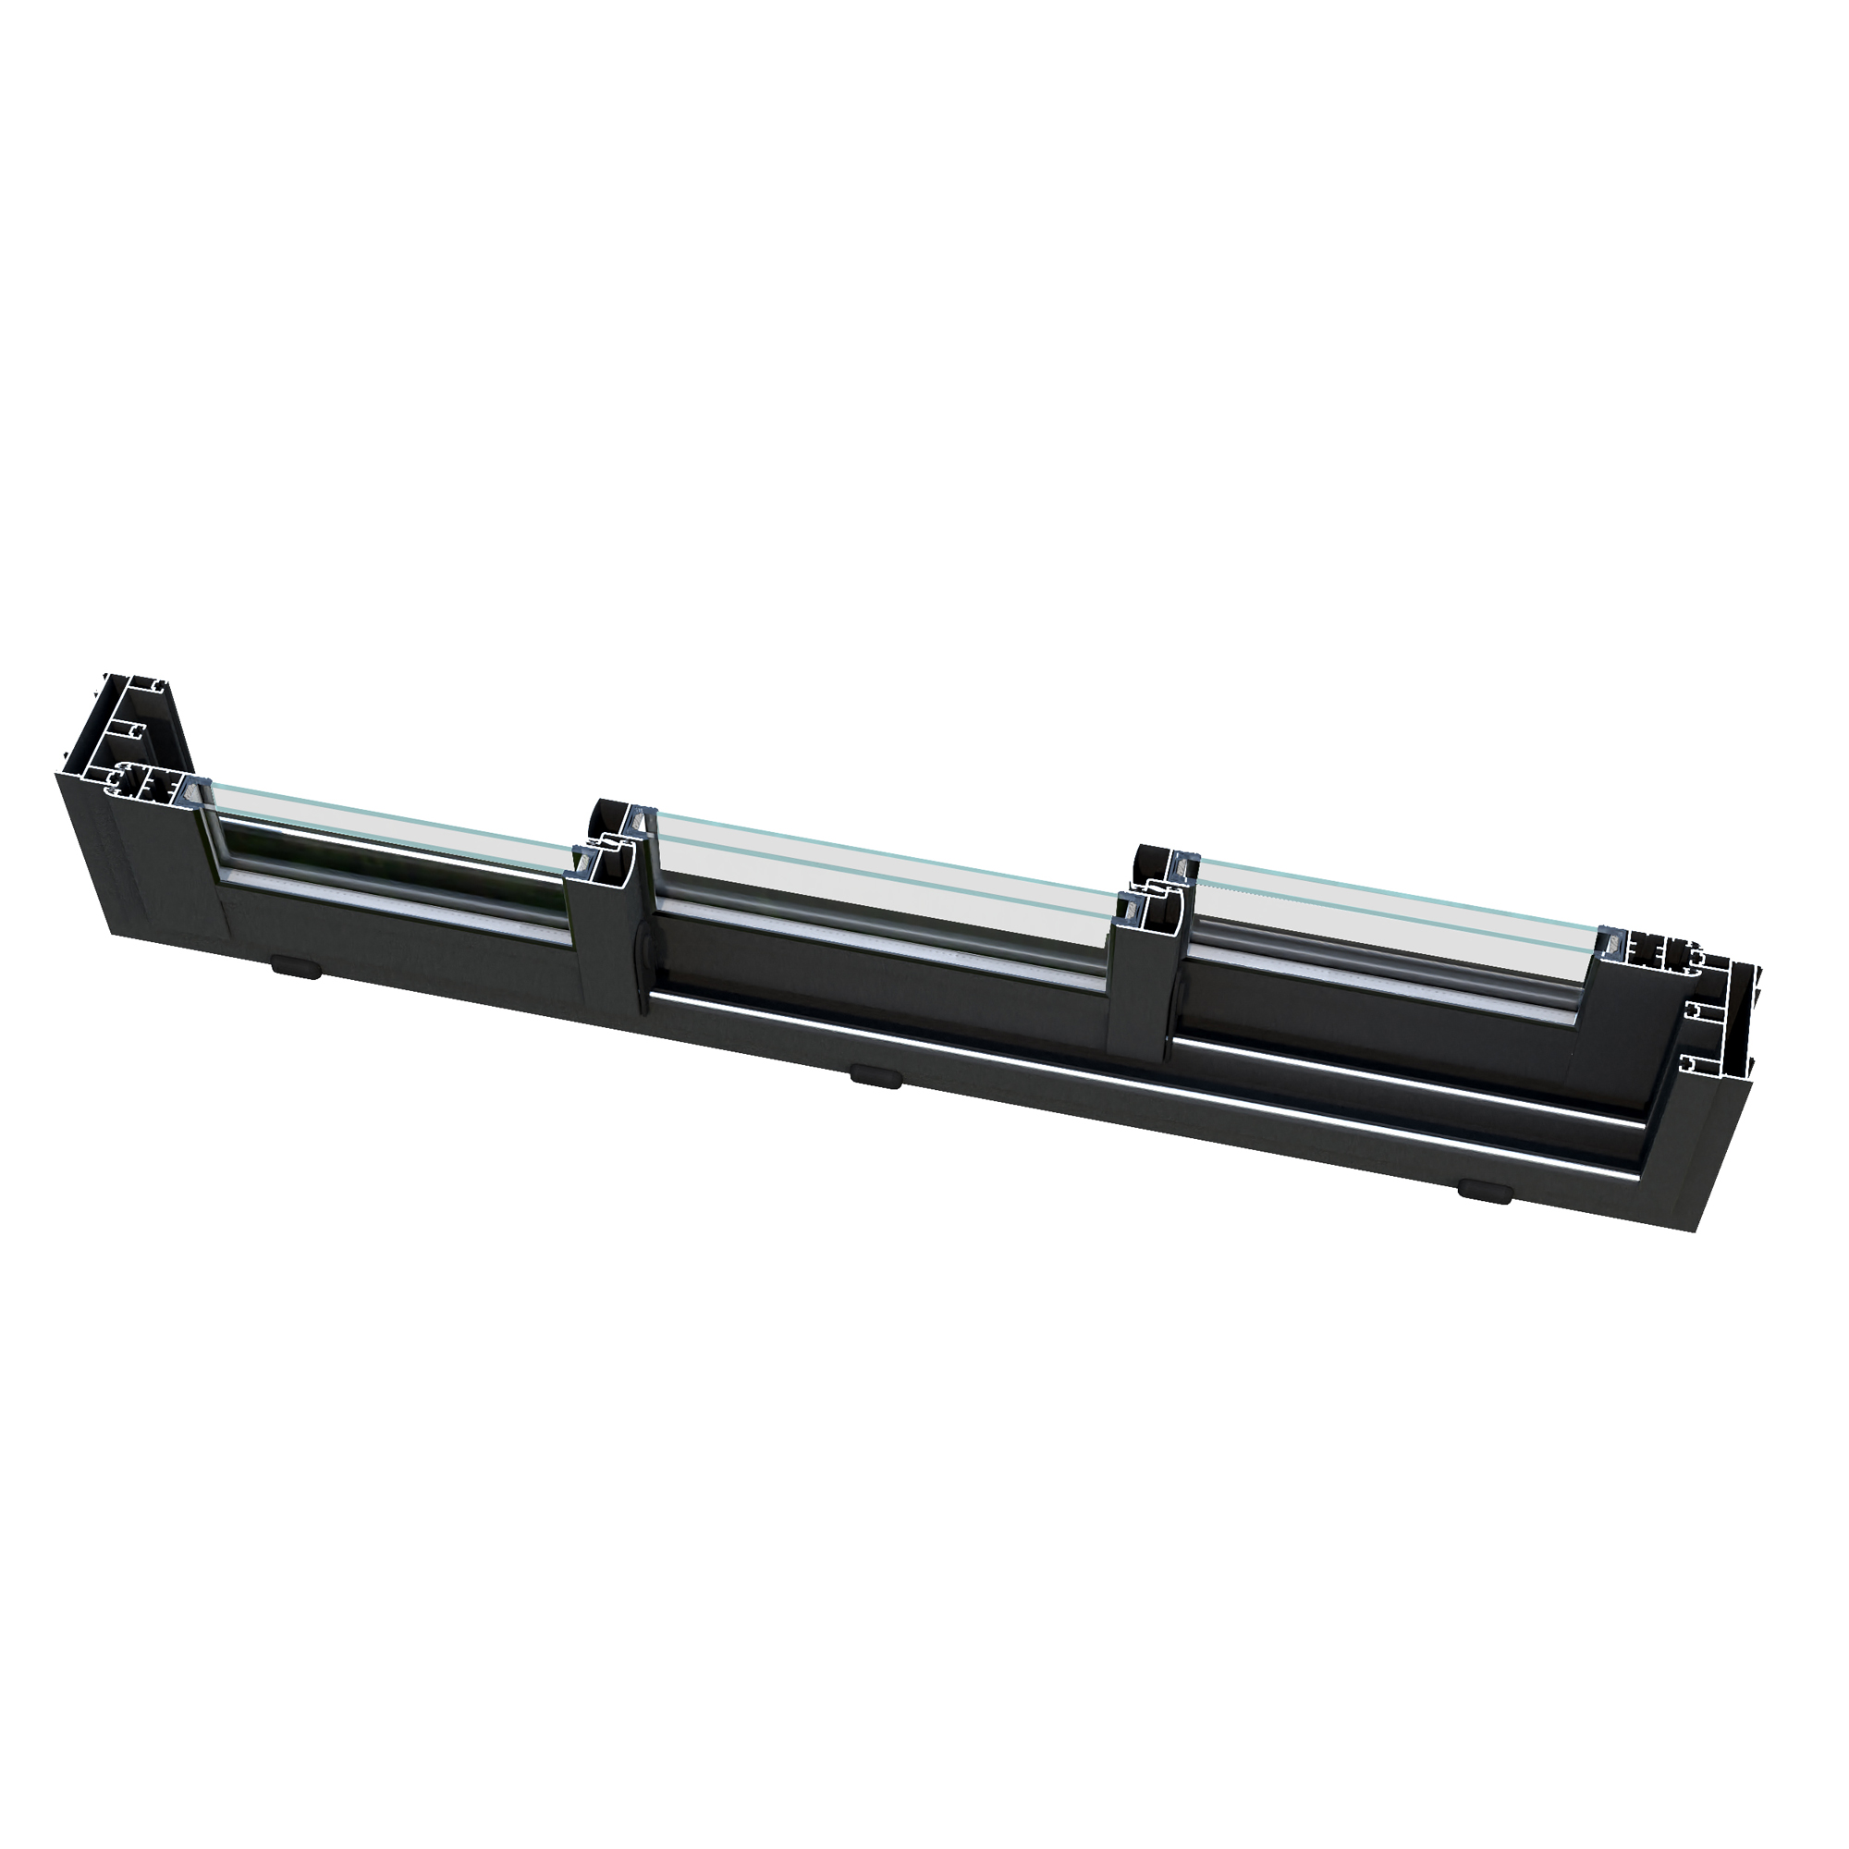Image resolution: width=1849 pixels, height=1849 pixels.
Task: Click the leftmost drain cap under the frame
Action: (296, 967)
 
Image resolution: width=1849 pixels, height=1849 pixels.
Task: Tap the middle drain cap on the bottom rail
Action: (876, 1077)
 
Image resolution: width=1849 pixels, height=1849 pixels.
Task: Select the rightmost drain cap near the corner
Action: (1485, 1191)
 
